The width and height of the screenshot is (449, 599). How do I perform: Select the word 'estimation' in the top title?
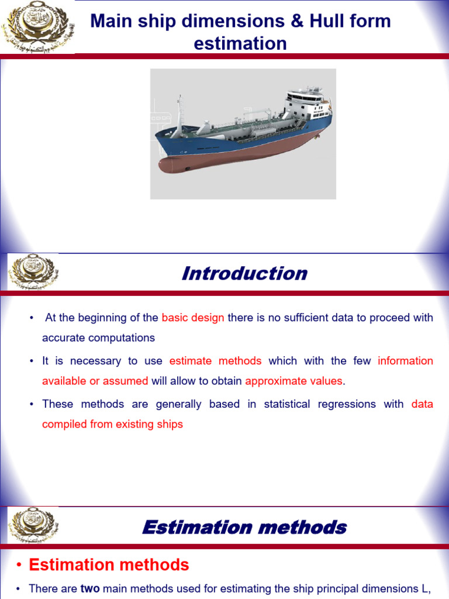pos(240,43)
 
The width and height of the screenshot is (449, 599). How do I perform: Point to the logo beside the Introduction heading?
pos(33,273)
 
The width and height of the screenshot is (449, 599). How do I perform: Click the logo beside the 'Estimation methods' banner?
pos(33,525)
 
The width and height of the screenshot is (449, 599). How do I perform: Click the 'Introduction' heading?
pos(244,273)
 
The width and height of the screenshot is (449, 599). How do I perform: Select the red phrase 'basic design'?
pos(193,318)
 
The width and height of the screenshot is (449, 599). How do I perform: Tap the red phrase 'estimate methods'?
pos(215,361)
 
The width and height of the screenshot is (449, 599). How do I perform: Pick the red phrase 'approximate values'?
pos(293,381)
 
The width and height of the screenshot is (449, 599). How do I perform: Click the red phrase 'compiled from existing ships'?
pos(112,424)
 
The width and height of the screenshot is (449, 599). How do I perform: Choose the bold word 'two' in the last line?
pos(90,588)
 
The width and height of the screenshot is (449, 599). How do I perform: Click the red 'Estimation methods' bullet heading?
pos(109,564)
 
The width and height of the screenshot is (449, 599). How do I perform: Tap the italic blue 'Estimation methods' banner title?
pos(244,527)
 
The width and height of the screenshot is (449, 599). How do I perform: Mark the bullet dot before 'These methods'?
pos(32,404)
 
